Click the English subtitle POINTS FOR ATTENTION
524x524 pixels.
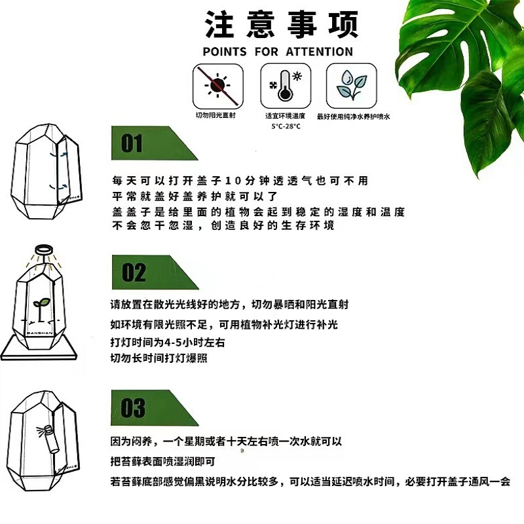tap(278, 52)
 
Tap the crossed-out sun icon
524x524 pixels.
tap(215, 86)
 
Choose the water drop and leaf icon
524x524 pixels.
tap(352, 86)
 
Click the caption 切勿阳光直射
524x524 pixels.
tap(215, 116)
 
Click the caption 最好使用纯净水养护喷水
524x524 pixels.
tap(353, 116)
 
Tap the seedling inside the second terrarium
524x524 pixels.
tap(40, 302)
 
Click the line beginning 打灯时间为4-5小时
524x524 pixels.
tap(168, 343)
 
